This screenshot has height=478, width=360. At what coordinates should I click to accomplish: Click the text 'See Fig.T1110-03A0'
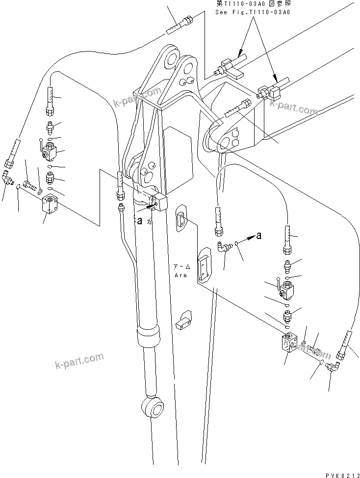[252, 12]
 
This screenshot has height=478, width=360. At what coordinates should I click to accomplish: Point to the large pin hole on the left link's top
[171, 59]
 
